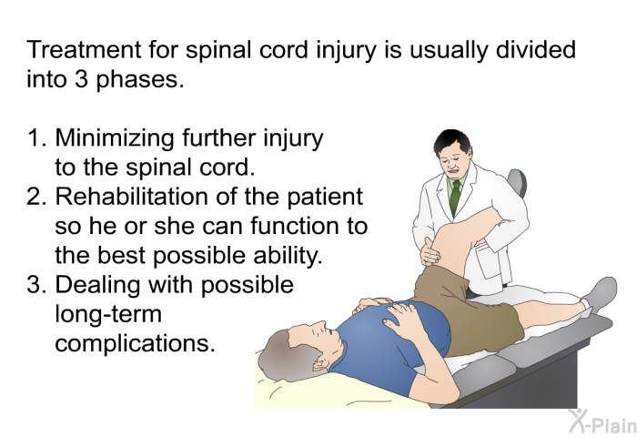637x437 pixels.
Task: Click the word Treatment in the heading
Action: coord(84,49)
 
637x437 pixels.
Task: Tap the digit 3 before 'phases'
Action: coord(81,79)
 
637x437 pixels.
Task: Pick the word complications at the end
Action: coord(135,344)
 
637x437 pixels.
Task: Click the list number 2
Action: coord(35,197)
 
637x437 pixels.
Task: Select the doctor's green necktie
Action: coord(455,198)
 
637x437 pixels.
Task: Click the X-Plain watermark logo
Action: coord(602,422)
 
